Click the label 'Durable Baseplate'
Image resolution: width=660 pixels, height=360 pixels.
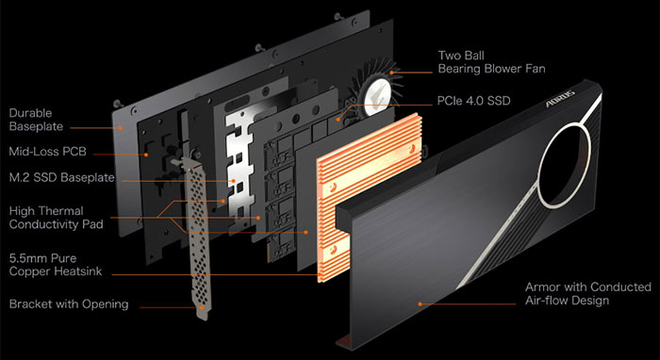[39, 118]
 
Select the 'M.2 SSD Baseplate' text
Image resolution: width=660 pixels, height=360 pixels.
[59, 176]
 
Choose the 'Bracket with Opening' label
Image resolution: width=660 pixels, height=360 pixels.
[69, 304]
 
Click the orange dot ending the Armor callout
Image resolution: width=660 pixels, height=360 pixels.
[420, 303]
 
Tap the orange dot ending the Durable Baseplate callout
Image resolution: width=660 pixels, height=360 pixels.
[123, 125]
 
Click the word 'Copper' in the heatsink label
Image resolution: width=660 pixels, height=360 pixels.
[32, 270]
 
